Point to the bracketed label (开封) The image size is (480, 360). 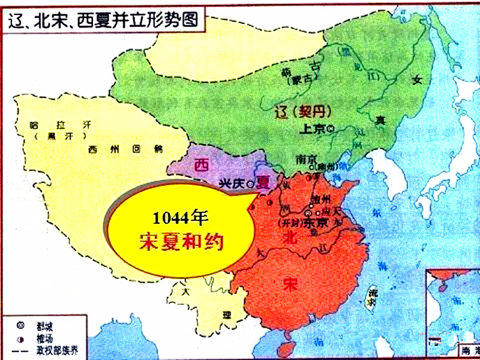289,223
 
